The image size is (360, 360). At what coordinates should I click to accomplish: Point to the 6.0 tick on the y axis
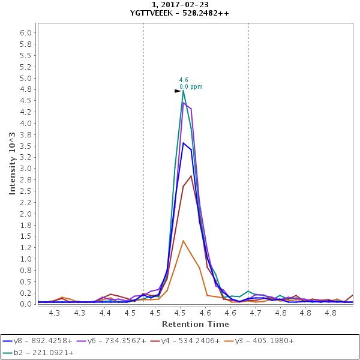25,33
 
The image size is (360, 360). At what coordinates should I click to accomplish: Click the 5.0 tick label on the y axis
25,78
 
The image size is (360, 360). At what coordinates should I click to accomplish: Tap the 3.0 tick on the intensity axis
25,169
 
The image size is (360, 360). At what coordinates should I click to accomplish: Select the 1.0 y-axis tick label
25,259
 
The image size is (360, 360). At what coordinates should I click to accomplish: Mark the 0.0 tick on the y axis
25,304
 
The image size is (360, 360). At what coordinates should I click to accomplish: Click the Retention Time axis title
196,324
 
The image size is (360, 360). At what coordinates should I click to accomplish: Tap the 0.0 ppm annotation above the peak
191,87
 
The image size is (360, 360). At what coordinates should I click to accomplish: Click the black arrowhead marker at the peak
178,91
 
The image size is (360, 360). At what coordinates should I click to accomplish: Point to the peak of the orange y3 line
183,241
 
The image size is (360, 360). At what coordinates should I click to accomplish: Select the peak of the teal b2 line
183,91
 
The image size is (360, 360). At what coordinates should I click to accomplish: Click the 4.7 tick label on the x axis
256,313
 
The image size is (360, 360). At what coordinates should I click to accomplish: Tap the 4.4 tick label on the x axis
105,313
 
